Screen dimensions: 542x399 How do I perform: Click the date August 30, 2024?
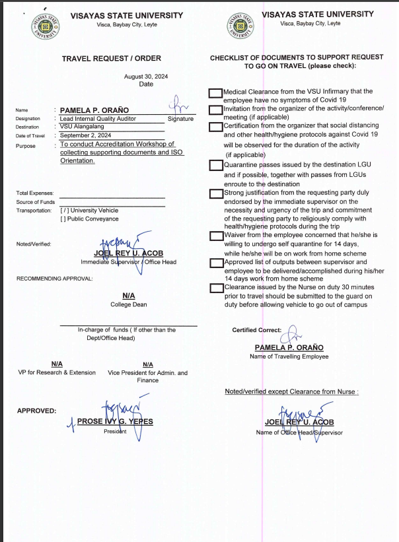click(x=146, y=77)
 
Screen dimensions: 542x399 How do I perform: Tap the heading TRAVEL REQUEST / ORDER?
click(x=112, y=59)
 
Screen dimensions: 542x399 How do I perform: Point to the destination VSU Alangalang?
click(x=83, y=127)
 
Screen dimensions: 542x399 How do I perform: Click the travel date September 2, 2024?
click(x=85, y=135)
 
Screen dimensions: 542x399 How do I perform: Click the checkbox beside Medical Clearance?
click(x=215, y=94)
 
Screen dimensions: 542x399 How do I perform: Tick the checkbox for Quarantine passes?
click(x=215, y=165)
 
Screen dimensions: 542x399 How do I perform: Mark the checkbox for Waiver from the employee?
click(x=215, y=236)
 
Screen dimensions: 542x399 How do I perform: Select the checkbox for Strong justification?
click(x=215, y=193)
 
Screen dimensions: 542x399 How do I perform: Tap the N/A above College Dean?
click(x=128, y=296)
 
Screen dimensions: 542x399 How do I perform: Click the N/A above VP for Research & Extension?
click(x=57, y=364)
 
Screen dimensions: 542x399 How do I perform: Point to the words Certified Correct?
click(x=256, y=330)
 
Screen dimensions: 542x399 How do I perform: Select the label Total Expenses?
click(x=35, y=193)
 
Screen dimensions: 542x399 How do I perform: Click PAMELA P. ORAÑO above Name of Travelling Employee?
click(x=289, y=347)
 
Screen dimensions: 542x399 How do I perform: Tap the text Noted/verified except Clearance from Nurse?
click(x=291, y=391)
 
